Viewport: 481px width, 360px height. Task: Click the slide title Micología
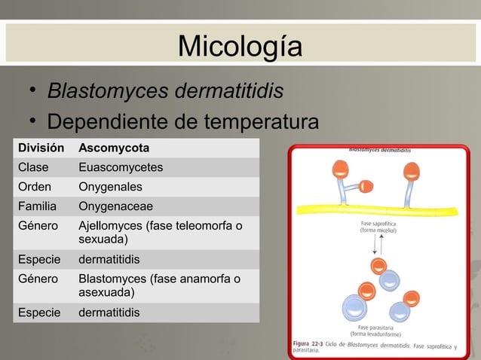[x=240, y=47]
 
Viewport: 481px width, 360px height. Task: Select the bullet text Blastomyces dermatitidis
[x=165, y=92]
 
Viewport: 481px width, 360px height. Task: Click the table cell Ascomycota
[x=114, y=147]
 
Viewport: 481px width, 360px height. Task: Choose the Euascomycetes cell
[x=121, y=167]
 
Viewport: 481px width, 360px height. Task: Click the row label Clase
[x=33, y=167]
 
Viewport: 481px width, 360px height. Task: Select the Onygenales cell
[x=110, y=187]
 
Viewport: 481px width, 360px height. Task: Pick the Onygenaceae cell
[x=115, y=206]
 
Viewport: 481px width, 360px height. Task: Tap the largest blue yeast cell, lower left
[x=354, y=309]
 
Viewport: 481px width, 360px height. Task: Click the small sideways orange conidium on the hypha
[x=365, y=186]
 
